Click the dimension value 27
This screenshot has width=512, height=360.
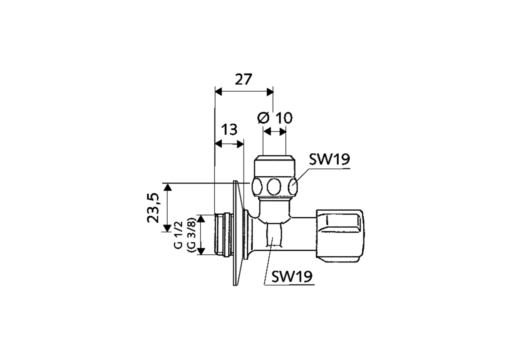tap(243, 80)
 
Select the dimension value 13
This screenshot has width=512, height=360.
tap(229, 130)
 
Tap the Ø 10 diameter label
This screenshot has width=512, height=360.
tap(275, 118)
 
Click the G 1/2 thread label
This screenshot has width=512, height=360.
tap(178, 235)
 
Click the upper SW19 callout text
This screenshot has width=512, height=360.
tap(329, 159)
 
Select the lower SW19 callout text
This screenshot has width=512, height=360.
tap(292, 276)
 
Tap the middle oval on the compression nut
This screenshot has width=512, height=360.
tap(274, 187)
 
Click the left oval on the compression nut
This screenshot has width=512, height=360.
tap(257, 187)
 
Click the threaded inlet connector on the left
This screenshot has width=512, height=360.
tap(223, 234)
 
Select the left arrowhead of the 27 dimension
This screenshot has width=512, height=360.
tap(218, 92)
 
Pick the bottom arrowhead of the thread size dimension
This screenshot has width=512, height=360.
tap(201, 251)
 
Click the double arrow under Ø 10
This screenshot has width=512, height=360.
tap(274, 131)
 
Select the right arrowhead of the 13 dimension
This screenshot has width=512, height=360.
tap(240, 144)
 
